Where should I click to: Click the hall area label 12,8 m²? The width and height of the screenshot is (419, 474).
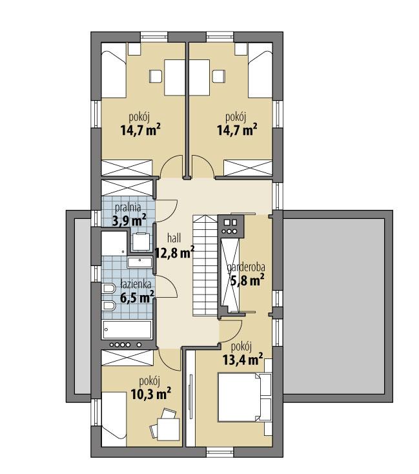[174, 252]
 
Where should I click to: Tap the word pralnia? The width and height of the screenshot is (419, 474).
[128, 208]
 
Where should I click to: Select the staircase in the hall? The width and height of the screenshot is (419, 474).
[205, 265]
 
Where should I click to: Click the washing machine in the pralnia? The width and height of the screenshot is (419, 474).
[141, 241]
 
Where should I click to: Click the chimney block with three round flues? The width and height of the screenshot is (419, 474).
[230, 226]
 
